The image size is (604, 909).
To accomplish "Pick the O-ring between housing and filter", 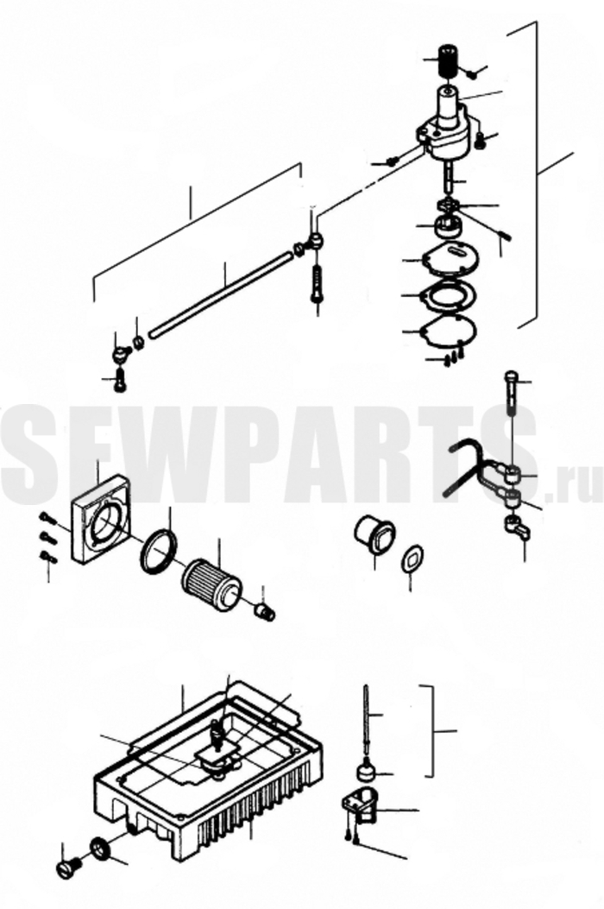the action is (x=159, y=552).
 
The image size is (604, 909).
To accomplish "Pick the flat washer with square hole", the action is (x=414, y=559).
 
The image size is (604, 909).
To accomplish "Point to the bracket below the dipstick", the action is (x=360, y=806).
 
